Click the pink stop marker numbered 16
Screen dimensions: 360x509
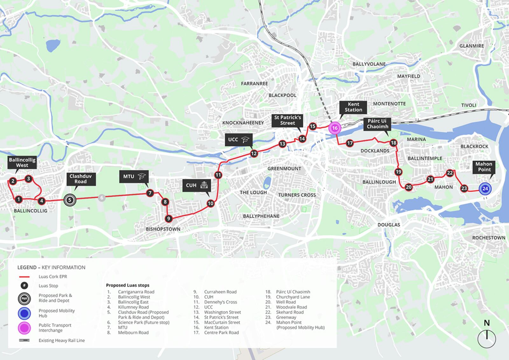[335, 128]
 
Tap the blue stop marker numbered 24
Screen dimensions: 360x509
[485, 189]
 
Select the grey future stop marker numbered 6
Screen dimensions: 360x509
[102, 198]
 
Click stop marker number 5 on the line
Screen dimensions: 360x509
[70, 200]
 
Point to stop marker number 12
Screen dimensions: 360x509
[254, 154]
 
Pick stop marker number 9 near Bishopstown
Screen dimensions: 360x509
[169, 218]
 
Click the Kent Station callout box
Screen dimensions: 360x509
[353, 107]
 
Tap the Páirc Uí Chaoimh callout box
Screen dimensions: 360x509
[377, 124]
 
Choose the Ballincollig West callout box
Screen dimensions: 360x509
[22, 163]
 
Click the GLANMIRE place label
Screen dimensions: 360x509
[471, 46]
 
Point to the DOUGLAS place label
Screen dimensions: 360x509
[389, 225]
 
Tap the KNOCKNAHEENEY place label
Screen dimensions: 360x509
[243, 123]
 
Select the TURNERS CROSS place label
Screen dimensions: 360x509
[297, 195]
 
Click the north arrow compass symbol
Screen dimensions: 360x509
[487, 338]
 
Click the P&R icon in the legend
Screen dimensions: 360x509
[24, 298]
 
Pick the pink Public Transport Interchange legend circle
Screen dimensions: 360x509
[24, 328]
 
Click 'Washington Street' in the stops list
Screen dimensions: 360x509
[222, 312]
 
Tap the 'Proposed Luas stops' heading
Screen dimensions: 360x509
[128, 285]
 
